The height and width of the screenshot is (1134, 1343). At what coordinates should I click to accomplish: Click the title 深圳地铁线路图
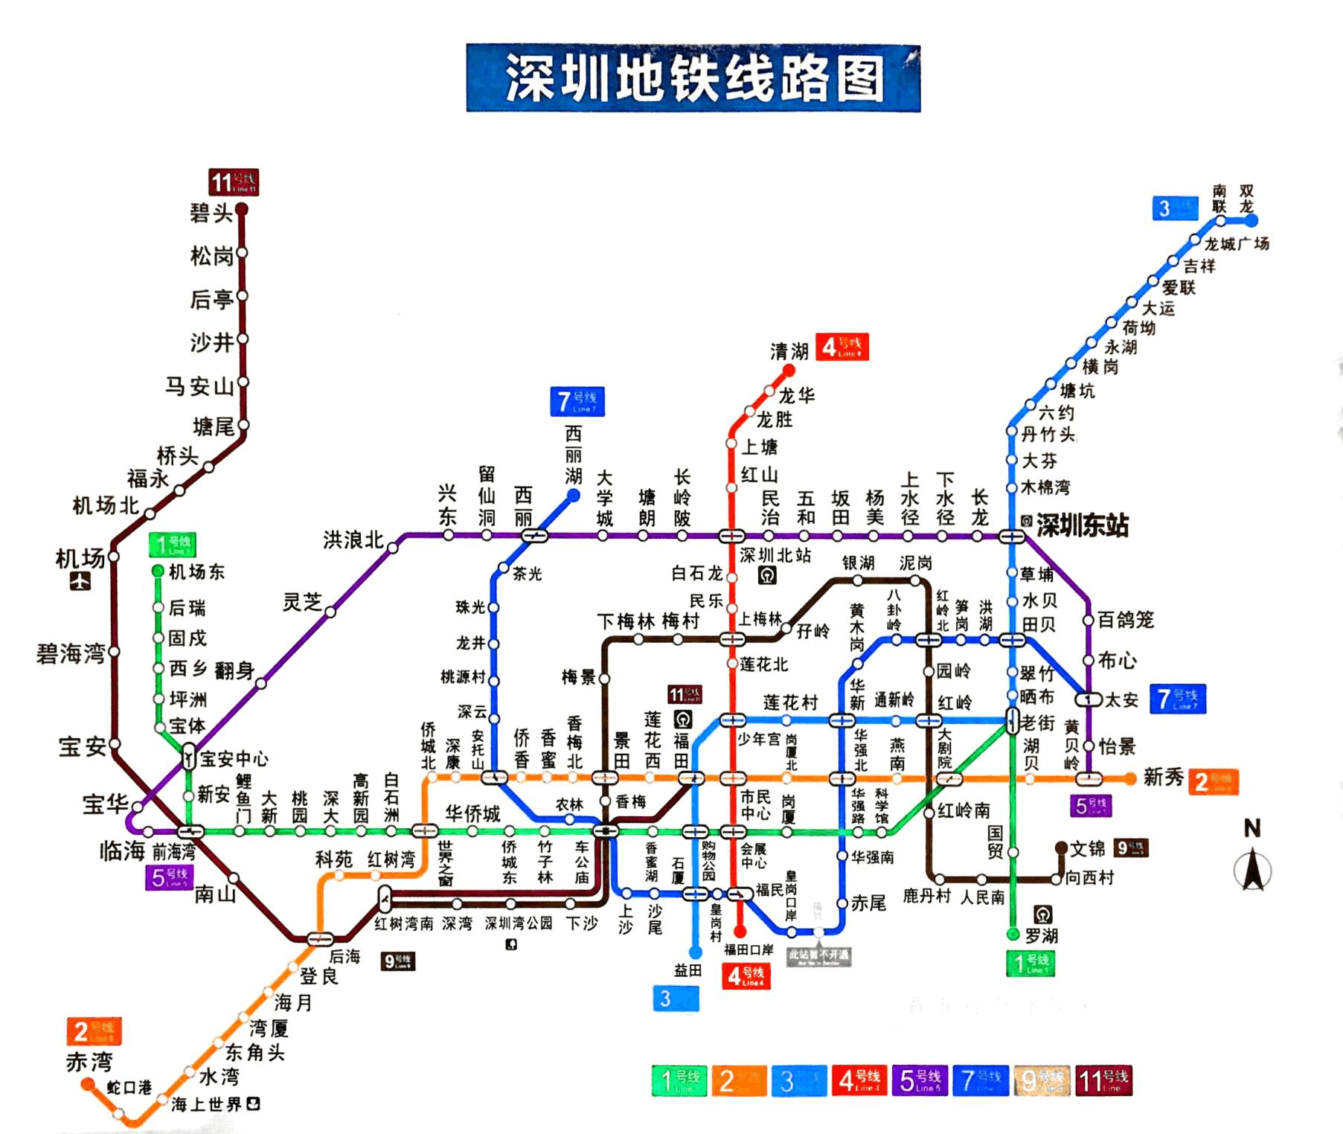click(x=693, y=77)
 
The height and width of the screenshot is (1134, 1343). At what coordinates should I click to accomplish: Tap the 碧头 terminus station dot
click(x=241, y=210)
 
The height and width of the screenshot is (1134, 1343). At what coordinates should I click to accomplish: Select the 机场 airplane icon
click(x=80, y=581)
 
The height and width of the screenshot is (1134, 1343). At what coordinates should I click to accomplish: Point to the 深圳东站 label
click(x=1082, y=525)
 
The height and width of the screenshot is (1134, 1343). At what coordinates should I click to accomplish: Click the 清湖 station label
click(x=789, y=351)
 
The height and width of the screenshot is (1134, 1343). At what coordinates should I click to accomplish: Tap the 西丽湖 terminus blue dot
click(x=574, y=495)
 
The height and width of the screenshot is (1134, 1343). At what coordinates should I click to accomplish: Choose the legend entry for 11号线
click(x=1103, y=1080)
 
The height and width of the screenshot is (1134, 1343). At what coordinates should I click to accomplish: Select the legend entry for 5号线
click(x=920, y=1080)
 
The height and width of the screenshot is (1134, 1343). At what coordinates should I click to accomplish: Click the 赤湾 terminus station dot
click(x=88, y=1085)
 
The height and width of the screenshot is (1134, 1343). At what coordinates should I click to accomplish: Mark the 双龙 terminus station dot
click(x=1251, y=220)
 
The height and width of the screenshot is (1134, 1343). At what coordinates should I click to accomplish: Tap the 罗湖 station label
click(x=1041, y=936)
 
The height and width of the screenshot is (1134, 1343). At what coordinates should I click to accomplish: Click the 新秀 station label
click(x=1163, y=778)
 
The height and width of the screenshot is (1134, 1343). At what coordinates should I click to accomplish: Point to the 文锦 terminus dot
click(x=1062, y=848)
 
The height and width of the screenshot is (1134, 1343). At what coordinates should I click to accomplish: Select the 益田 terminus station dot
click(x=696, y=952)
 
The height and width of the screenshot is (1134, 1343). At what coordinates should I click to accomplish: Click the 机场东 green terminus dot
click(x=158, y=571)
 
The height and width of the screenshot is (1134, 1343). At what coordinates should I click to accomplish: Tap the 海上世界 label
click(x=207, y=1104)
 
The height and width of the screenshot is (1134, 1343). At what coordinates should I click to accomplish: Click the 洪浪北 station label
click(x=353, y=539)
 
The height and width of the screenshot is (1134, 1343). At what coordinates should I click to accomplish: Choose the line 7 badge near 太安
click(x=1177, y=699)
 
